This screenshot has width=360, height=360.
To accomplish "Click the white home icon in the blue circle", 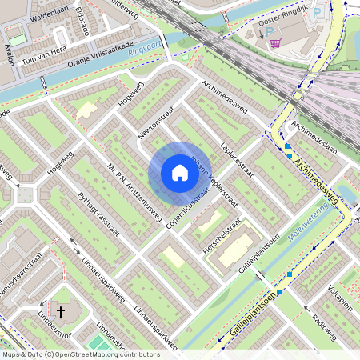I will [180, 173].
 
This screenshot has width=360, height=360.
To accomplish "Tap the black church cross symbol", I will [61, 310].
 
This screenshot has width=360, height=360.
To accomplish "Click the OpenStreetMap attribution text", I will [80, 354].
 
